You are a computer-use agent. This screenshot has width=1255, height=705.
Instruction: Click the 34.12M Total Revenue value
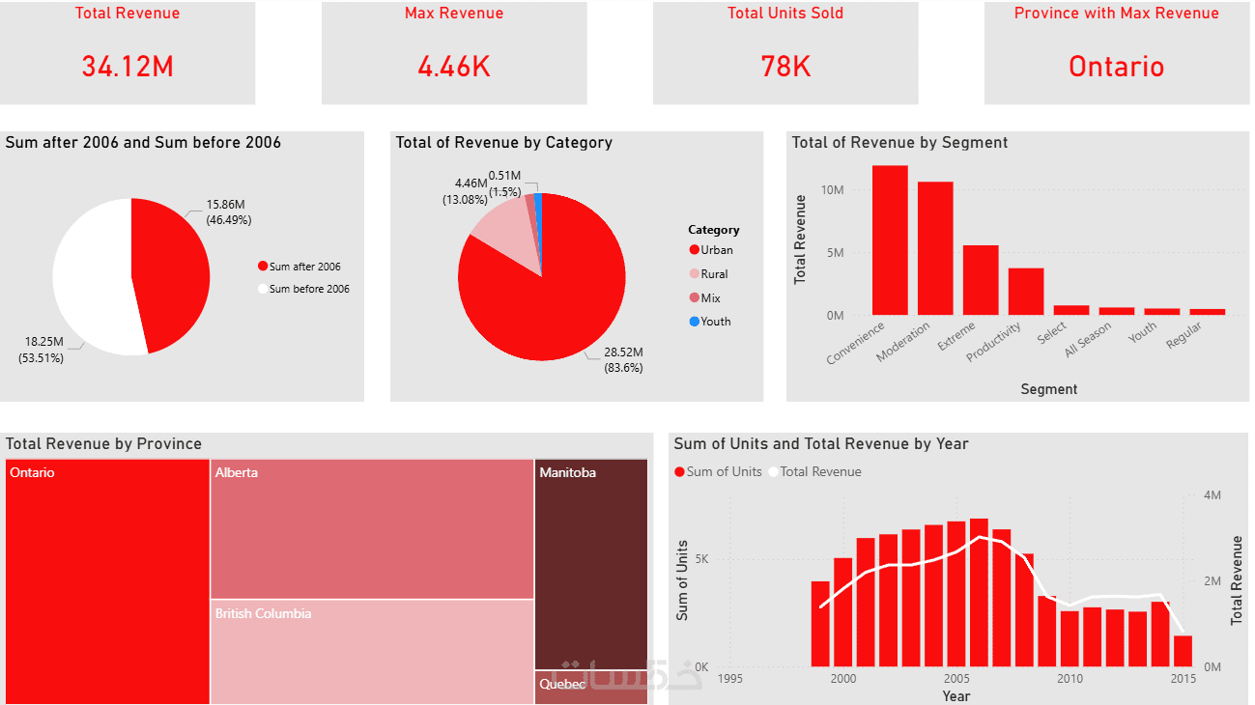[x=128, y=67]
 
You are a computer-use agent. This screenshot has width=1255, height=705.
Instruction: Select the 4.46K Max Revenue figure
[x=454, y=67]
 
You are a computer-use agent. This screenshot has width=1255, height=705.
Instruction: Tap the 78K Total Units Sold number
[x=785, y=67]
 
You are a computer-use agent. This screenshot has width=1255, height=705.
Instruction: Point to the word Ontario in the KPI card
[x=1116, y=67]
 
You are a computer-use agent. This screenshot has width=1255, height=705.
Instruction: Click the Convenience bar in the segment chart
[x=890, y=240]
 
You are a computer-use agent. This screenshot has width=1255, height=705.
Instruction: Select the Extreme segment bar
[x=981, y=280]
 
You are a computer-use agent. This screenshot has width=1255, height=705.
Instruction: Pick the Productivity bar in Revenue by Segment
[x=1026, y=292]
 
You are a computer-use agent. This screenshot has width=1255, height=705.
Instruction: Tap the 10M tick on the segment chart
[x=832, y=190]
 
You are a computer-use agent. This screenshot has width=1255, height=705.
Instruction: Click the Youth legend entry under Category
[x=715, y=322]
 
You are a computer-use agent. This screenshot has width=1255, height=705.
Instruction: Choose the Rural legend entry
[x=714, y=274]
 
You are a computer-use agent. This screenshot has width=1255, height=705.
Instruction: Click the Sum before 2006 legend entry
[x=309, y=289]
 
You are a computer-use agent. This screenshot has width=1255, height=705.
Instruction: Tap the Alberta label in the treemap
[x=237, y=473]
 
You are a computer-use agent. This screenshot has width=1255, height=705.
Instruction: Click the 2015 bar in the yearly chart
[x=1183, y=651]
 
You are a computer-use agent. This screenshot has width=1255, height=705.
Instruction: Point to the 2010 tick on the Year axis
[x=1070, y=679]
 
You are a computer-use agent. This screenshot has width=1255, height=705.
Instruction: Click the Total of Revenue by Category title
[x=503, y=143]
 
